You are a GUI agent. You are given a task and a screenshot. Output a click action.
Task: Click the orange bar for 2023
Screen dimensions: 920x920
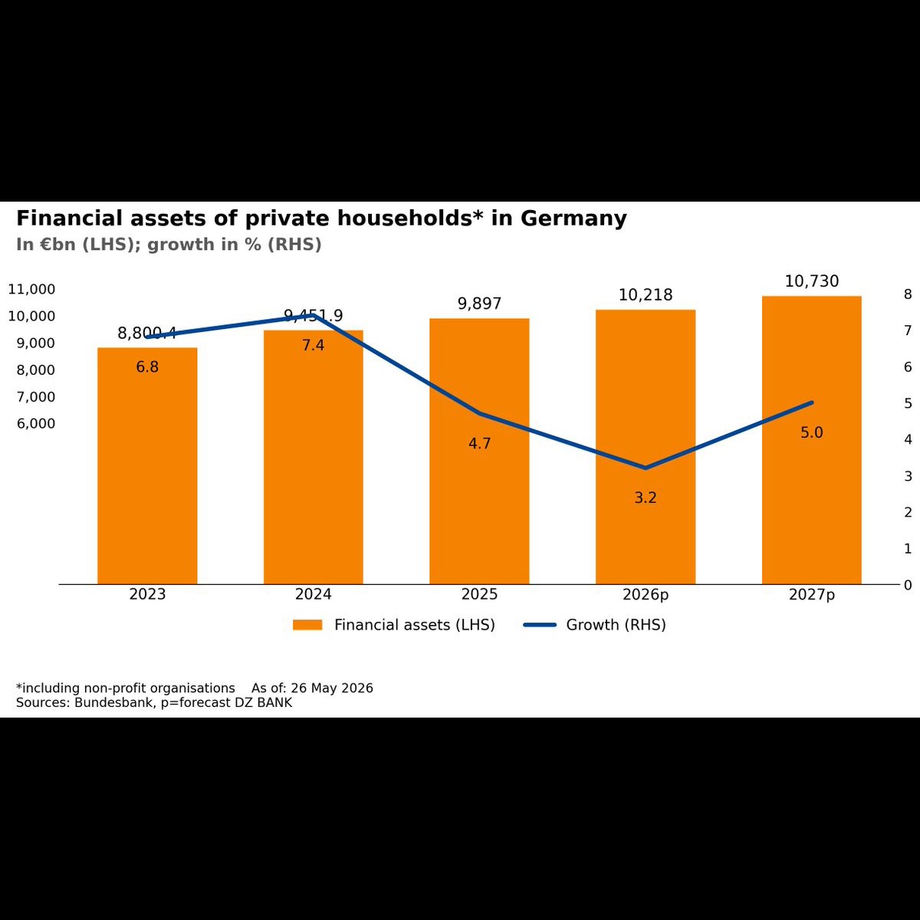pos(147,465)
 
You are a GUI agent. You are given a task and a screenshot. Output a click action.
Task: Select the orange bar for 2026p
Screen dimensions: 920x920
pos(646,447)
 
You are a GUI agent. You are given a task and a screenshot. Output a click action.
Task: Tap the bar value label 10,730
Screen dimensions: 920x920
pos(812,281)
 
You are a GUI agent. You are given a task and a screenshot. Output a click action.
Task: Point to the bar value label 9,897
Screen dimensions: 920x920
pos(479,304)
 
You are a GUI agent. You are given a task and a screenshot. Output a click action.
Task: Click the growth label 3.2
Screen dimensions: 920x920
pos(646,498)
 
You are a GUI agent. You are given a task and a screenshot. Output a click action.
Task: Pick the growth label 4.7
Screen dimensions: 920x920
pos(479,444)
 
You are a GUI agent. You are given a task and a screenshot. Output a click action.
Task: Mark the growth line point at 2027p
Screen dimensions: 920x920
pos(812,402)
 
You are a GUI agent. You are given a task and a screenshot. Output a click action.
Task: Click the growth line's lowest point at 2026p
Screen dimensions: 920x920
pos(646,468)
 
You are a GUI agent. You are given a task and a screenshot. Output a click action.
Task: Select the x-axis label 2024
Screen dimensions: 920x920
pos(314,594)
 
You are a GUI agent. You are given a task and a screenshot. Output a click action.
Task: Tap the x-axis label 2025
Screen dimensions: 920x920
pos(479,594)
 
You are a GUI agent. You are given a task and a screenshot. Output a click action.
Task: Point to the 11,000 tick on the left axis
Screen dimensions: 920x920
pos(31,289)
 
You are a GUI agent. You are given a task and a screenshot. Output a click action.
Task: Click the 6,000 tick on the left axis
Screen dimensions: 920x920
pos(36,423)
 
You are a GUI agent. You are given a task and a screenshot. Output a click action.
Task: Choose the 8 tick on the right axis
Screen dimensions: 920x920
pos(908,294)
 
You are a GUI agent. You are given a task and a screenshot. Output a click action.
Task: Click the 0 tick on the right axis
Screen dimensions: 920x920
pos(908,585)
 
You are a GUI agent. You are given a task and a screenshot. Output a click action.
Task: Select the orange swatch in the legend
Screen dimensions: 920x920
pos(307,625)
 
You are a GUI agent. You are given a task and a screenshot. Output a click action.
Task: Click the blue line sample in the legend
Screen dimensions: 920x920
pos(540,625)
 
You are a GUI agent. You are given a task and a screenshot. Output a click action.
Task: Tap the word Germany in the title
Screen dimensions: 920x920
pos(573,219)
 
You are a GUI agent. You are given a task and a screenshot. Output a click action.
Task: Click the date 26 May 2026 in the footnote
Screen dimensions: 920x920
pos(332,688)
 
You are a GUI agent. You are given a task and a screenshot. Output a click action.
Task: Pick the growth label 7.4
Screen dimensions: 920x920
pos(314,345)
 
